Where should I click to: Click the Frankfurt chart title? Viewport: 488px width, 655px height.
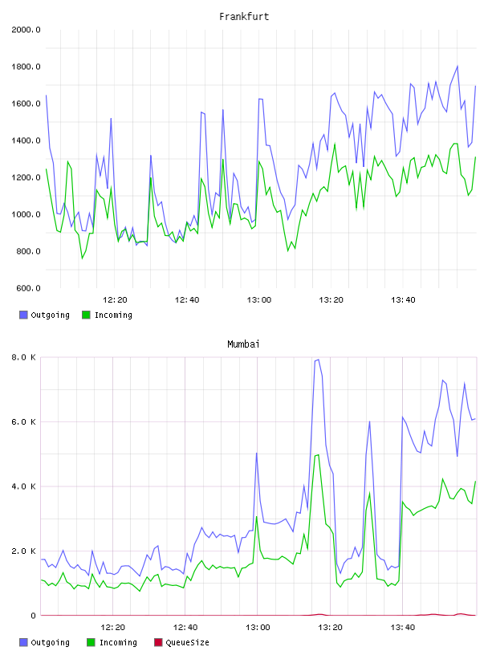coord(244,17)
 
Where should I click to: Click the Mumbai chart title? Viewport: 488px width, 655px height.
coord(243,344)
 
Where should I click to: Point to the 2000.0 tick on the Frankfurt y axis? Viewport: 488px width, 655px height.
coord(26,30)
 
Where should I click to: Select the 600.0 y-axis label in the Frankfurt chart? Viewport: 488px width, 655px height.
coord(28,288)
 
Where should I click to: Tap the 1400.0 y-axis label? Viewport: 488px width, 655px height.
coord(26,140)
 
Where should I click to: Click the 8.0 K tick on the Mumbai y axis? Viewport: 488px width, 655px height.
coord(23,357)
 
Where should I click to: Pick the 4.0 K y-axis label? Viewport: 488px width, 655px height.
coord(23,486)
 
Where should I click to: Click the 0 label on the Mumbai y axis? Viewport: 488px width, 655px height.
coord(33,616)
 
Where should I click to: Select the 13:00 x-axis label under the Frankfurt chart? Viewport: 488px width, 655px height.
coord(259,300)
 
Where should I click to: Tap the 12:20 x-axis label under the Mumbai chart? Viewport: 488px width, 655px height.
coord(113,628)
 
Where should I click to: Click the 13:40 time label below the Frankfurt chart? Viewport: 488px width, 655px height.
coord(403,300)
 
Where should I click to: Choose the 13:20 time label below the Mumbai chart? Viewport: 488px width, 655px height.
coord(330,628)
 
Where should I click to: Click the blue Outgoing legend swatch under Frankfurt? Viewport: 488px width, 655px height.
coord(23,315)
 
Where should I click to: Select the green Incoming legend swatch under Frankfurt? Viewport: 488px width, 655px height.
coord(86,315)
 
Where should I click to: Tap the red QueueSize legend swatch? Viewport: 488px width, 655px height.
coord(158,642)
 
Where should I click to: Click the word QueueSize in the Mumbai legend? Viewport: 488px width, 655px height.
coord(187,643)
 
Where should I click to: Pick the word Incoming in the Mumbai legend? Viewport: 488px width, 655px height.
coord(118,643)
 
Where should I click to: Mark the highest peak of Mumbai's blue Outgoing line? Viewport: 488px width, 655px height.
coord(319,360)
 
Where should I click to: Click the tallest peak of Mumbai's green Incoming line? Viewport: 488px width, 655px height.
coord(319,454)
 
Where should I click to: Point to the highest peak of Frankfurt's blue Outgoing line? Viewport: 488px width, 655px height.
coord(458,66)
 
